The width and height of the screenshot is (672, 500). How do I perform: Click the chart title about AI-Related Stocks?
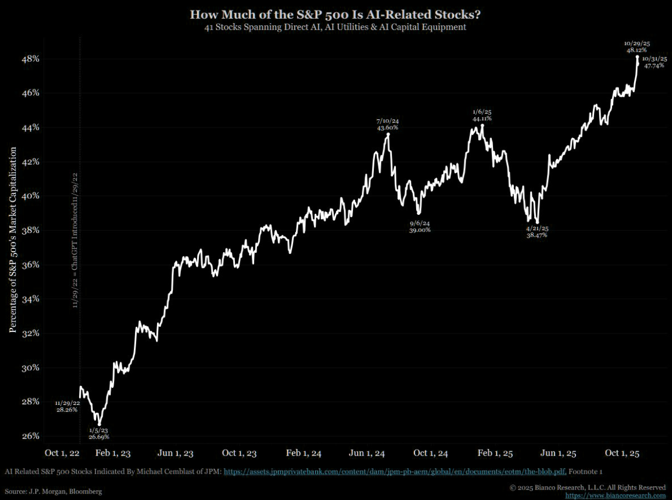click(x=335, y=14)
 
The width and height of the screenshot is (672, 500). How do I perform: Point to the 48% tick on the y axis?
click(x=30, y=59)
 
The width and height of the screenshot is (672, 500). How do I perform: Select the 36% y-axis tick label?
click(x=30, y=265)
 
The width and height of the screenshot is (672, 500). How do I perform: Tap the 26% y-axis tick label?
click(x=30, y=436)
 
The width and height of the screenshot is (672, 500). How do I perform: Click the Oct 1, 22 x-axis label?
click(x=63, y=453)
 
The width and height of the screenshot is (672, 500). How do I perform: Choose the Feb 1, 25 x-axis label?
click(x=495, y=453)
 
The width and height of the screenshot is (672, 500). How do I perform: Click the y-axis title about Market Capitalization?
click(x=12, y=240)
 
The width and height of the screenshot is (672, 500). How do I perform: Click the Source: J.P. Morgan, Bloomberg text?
click(x=54, y=491)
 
